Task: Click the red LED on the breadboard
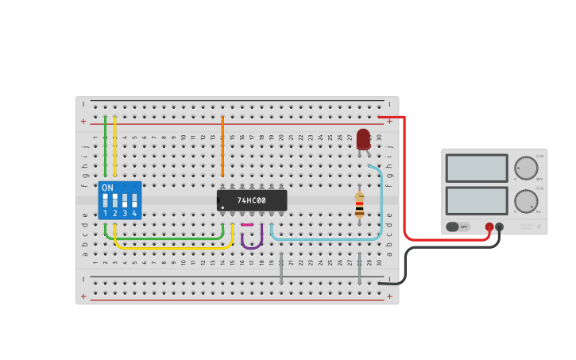pyautogui.click(x=363, y=139)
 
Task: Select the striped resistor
pyautogui.click(x=359, y=205)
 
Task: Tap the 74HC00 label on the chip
pyautogui.click(x=251, y=200)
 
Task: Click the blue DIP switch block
pyautogui.click(x=119, y=200)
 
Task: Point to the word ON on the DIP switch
pyautogui.click(x=107, y=188)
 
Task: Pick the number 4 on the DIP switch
pyautogui.click(x=134, y=213)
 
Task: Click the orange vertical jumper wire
pyautogui.click(x=222, y=147)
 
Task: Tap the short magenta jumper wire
pyautogui.click(x=247, y=225)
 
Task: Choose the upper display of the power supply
pyautogui.click(x=477, y=168)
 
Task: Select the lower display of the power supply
pyautogui.click(x=477, y=200)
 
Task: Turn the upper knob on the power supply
pyautogui.click(x=525, y=168)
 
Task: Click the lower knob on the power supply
pyautogui.click(x=525, y=201)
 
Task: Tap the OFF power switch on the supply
pyautogui.click(x=458, y=226)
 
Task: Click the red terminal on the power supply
pyautogui.click(x=489, y=226)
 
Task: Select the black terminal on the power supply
pyautogui.click(x=499, y=226)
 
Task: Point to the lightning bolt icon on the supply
pyautogui.click(x=539, y=227)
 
